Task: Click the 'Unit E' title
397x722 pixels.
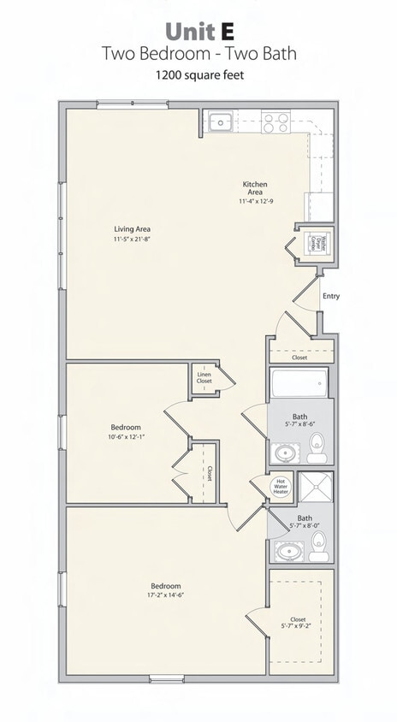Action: point(198,32)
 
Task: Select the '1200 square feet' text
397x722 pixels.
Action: point(198,75)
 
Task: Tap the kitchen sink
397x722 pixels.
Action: point(221,121)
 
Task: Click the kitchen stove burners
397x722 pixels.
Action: point(276,122)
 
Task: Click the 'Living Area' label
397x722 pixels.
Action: point(133,229)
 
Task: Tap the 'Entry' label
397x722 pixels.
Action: point(331,297)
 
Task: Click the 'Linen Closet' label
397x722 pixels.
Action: point(204,377)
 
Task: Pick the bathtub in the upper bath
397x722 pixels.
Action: point(299,384)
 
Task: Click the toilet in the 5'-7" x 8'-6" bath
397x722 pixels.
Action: point(317,443)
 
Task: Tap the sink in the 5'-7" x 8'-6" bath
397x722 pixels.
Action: point(283,452)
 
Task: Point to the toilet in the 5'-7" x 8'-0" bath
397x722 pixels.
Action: point(318,541)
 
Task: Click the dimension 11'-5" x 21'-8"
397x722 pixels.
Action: point(133,239)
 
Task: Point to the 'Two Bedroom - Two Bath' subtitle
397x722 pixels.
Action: point(198,53)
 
